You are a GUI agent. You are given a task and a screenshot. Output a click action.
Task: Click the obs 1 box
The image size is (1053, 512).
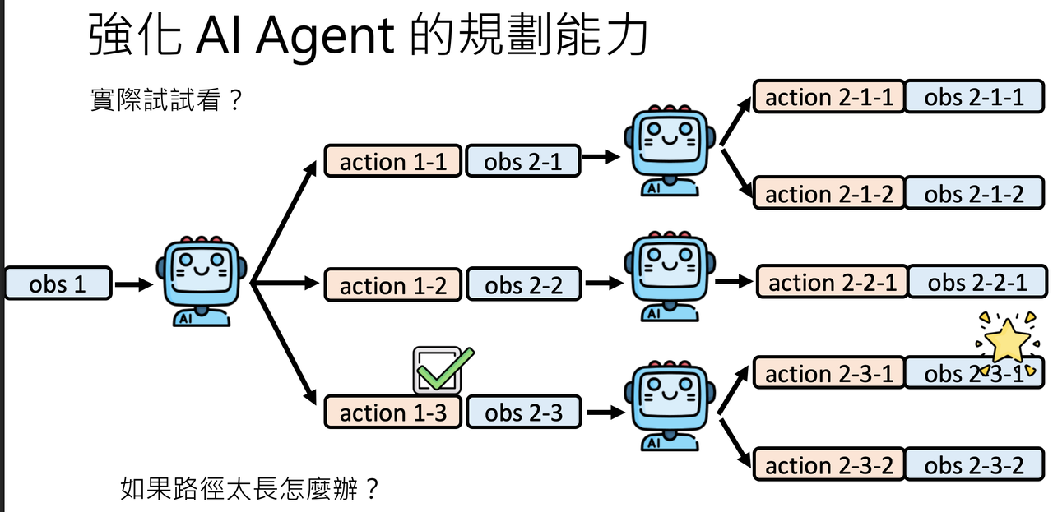coord(58,284)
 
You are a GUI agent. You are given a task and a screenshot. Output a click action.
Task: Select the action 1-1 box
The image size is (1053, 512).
coord(392,162)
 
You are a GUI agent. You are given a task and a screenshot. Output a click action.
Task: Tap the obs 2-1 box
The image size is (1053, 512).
coord(522,162)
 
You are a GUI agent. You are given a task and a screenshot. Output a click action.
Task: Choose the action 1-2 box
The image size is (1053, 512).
coord(392,285)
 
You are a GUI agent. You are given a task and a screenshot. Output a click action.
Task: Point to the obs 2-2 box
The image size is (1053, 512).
coord(523,285)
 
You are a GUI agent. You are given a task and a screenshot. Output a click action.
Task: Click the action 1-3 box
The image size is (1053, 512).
coord(392,412)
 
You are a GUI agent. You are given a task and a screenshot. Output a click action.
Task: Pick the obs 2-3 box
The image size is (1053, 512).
coord(523,412)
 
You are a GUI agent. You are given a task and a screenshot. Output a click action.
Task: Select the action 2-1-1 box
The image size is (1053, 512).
coord(828,97)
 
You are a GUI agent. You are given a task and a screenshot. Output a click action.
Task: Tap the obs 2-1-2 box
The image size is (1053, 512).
coord(973,194)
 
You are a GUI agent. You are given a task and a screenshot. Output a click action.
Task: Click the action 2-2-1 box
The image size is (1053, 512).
coord(832,282)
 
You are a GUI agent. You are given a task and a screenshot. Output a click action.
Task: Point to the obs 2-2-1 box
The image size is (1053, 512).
coord(976,282)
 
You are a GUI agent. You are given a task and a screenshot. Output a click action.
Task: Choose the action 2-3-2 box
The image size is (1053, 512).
coord(828,465)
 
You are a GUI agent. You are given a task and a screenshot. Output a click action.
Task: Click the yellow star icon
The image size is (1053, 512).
coord(1007,341)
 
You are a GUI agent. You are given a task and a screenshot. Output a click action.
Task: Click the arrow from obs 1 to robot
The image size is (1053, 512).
coord(133,285)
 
